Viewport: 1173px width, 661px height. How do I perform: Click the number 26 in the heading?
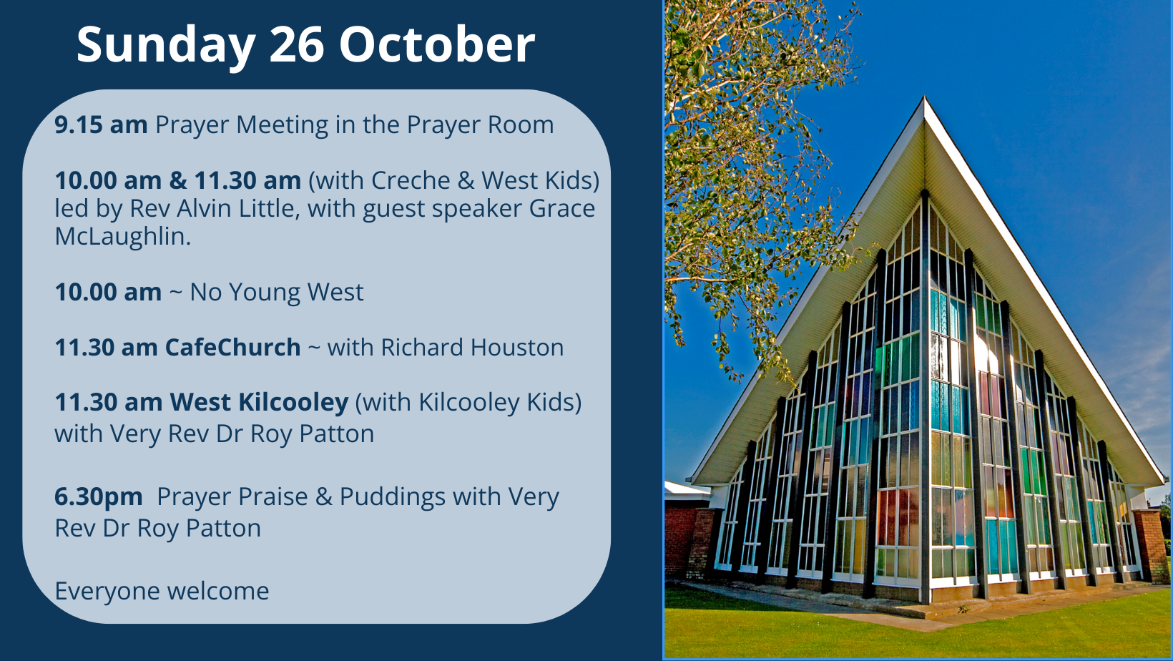click(297, 45)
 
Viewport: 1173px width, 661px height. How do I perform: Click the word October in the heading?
click(437, 45)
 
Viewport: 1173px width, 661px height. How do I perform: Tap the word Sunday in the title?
click(166, 48)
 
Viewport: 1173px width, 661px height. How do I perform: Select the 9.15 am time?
click(101, 124)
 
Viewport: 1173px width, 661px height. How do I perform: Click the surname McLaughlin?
click(123, 236)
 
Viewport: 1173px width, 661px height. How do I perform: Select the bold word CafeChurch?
click(233, 347)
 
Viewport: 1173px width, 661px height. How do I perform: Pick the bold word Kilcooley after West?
click(293, 402)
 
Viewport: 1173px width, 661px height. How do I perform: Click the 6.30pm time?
click(99, 497)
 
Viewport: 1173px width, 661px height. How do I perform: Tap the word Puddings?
click(393, 497)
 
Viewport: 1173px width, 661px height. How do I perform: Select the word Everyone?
click(107, 592)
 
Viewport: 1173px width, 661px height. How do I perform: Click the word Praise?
click(273, 496)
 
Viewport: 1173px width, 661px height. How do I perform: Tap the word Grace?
click(562, 208)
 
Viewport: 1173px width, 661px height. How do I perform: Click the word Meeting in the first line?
click(283, 125)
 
